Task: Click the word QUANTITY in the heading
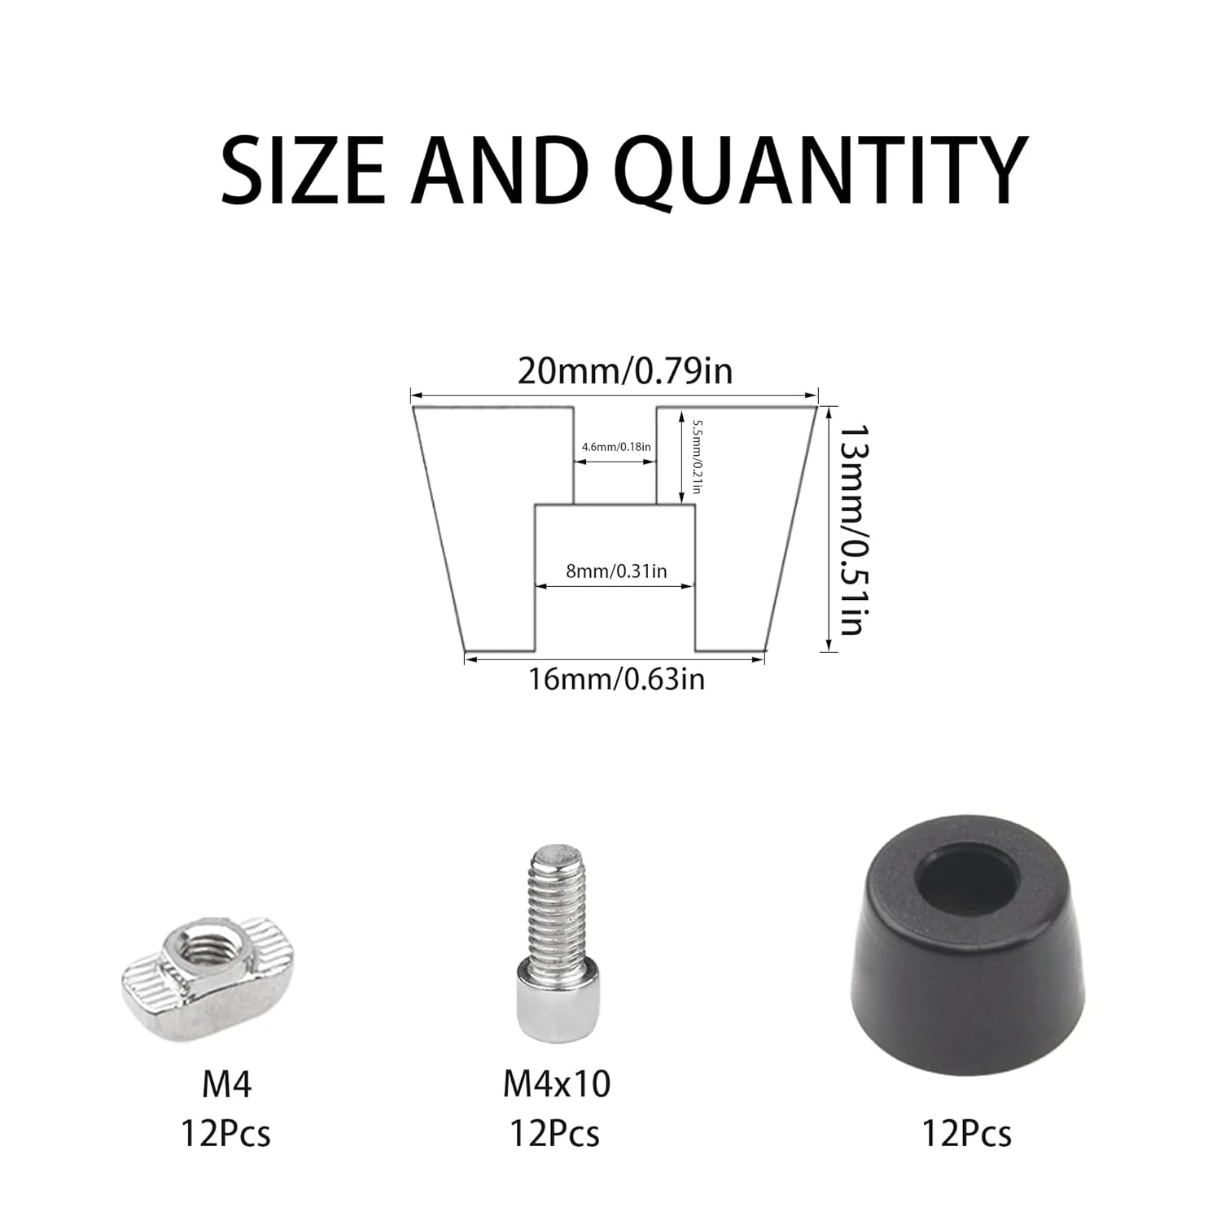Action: point(822,170)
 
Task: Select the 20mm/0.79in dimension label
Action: point(625,370)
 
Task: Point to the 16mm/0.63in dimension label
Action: point(617,678)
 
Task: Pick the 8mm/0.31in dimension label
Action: point(616,571)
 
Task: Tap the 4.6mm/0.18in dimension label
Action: point(616,446)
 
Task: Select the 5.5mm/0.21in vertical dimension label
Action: point(697,457)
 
